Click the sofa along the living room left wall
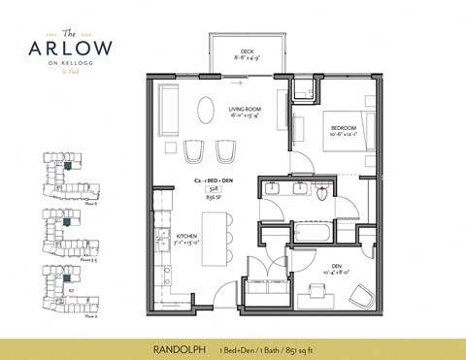[x=167, y=106]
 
